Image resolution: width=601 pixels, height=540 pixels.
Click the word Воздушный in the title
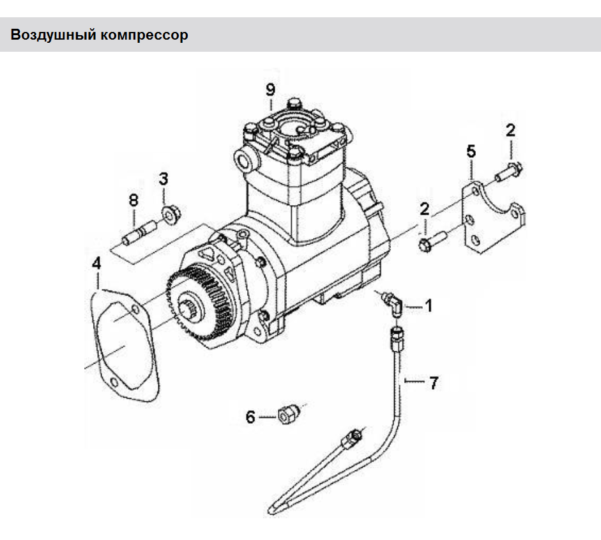[x=51, y=35]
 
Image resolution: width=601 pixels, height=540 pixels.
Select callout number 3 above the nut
[x=164, y=178]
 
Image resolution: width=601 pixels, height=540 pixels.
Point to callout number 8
[x=133, y=200]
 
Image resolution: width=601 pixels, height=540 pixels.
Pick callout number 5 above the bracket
[x=471, y=152]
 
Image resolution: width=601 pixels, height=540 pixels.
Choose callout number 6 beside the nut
[x=250, y=417]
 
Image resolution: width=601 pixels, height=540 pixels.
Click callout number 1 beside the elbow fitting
[x=429, y=306]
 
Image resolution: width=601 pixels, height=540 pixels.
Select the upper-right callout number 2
[x=510, y=130]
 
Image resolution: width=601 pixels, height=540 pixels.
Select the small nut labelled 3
[x=170, y=213]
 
